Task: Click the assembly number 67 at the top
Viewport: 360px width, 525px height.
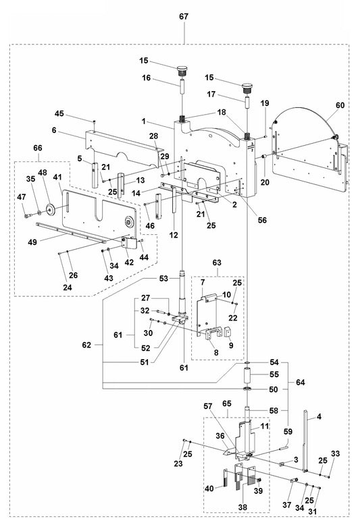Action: click(184, 16)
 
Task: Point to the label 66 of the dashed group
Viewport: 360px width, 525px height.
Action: click(37, 148)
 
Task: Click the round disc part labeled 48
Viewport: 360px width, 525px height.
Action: click(50, 207)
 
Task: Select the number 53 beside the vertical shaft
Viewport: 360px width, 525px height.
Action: click(163, 278)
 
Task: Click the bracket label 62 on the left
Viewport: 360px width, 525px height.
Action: click(86, 345)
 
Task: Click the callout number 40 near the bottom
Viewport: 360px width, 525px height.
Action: click(209, 489)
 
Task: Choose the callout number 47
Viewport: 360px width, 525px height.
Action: click(22, 196)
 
